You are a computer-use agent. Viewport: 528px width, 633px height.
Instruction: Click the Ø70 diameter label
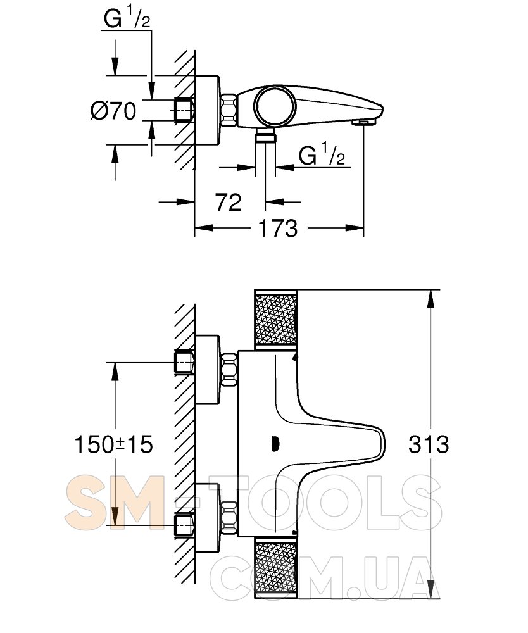pyautogui.click(x=113, y=112)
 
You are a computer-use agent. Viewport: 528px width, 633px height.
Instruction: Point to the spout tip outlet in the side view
pyautogui.click(x=365, y=121)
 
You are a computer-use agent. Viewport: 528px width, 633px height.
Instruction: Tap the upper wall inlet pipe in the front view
pyautogui.click(x=184, y=362)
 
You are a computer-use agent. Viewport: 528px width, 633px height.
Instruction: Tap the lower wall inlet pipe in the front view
pyautogui.click(x=184, y=525)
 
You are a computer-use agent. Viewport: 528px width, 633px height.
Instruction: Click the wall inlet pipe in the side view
pyautogui.click(x=183, y=110)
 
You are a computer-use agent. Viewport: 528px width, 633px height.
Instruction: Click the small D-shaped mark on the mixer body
pyautogui.click(x=275, y=445)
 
